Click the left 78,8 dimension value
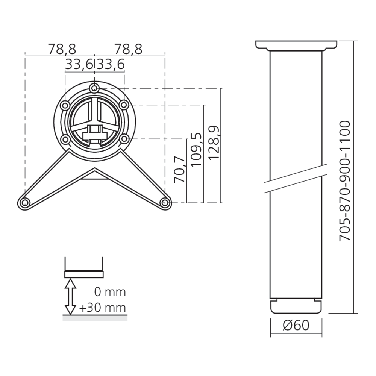tap(62, 49)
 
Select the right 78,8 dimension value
tap(128, 49)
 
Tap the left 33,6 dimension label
tap(79, 65)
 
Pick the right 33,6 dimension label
tap(110, 65)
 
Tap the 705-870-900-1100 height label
tap(345, 180)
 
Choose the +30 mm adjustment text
tap(103, 308)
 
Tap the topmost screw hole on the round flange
tap(94, 88)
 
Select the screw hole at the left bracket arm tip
tap(25, 203)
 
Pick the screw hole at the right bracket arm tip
tap(164, 203)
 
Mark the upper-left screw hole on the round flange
tap(66, 105)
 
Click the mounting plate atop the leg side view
tap(296, 45)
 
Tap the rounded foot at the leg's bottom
tap(296, 306)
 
